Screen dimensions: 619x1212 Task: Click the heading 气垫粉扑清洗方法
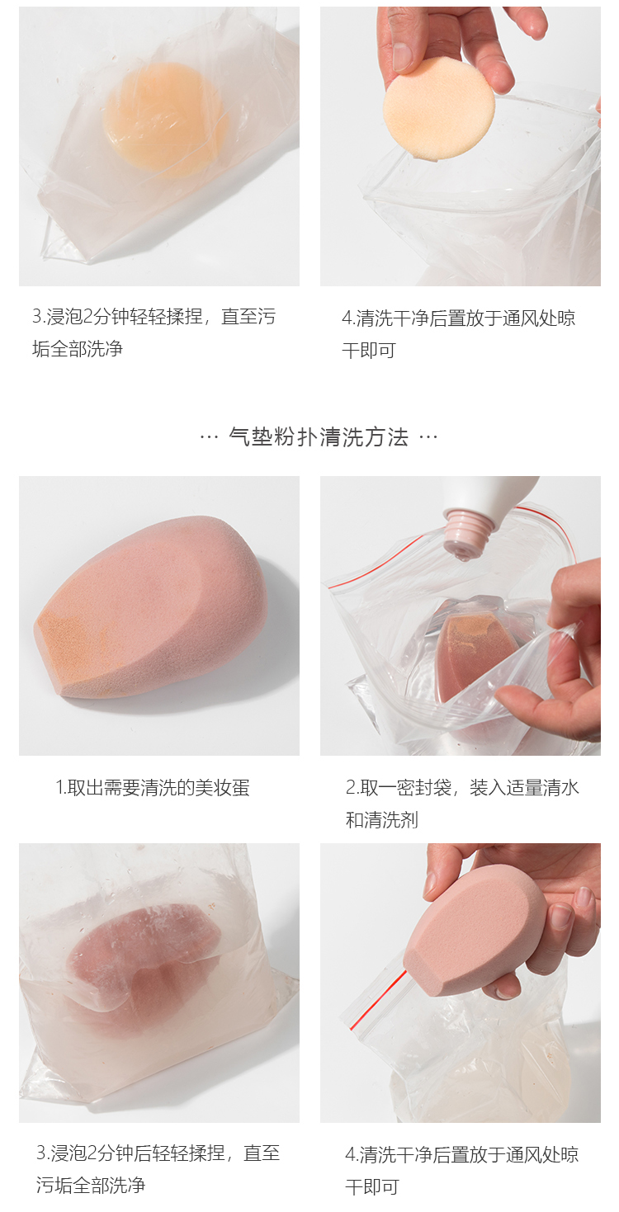[318, 436]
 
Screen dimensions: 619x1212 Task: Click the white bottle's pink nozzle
[467, 534]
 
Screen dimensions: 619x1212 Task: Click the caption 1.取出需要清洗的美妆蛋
[153, 788]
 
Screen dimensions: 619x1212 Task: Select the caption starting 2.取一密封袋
[462, 804]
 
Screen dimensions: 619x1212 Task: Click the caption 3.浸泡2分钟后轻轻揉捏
[158, 1169]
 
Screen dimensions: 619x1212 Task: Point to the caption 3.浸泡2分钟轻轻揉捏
[154, 332]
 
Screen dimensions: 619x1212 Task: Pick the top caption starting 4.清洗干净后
[458, 334]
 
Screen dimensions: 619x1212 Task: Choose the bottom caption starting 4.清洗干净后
[461, 1171]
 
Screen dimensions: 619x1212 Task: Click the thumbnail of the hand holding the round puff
[461, 146]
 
